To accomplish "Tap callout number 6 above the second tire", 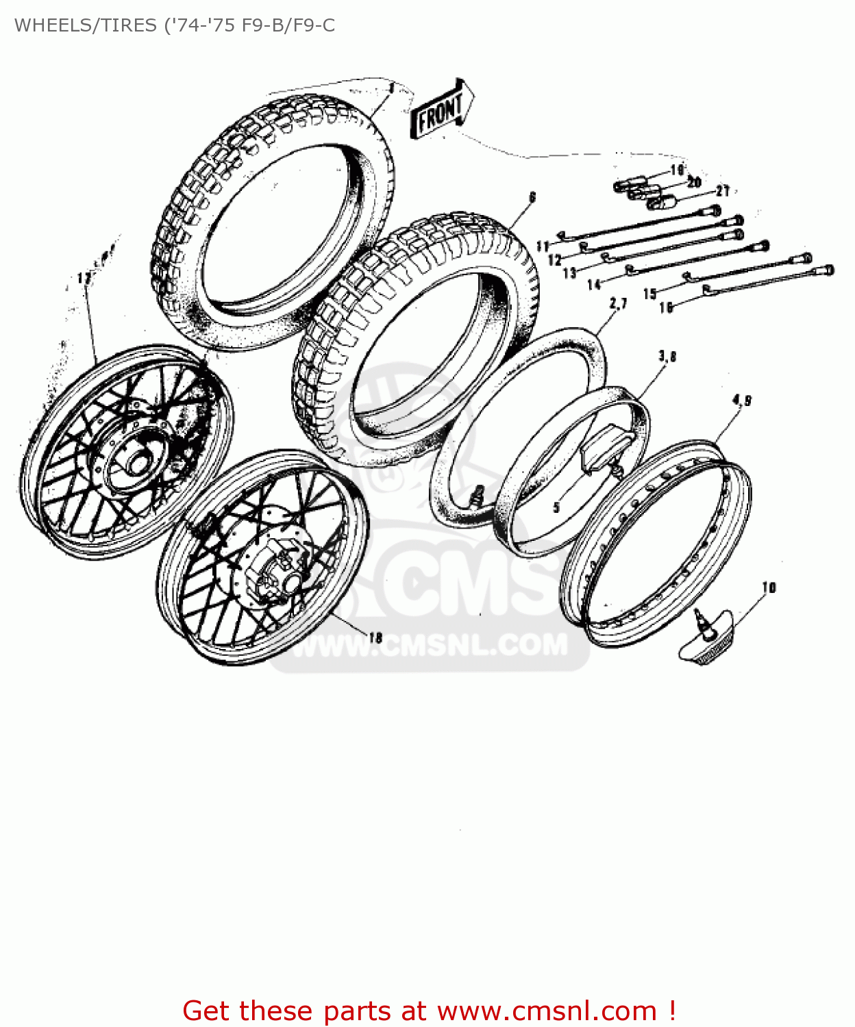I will [532, 198].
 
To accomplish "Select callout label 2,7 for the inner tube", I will [618, 303].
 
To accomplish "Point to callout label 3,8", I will [667, 356].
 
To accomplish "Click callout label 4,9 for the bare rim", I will [742, 400].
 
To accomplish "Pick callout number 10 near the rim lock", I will [769, 587].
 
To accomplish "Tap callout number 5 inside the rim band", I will [556, 507].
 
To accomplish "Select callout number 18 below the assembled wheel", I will [375, 637].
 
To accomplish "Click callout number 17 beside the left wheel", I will [84, 278].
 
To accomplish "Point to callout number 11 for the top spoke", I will [543, 246].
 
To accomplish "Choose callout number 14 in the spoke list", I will [594, 284].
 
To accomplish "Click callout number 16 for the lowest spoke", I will [666, 308].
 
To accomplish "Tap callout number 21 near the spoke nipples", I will [723, 191].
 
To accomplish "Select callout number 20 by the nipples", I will [694, 182].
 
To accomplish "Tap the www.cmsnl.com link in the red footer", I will [547, 1011].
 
